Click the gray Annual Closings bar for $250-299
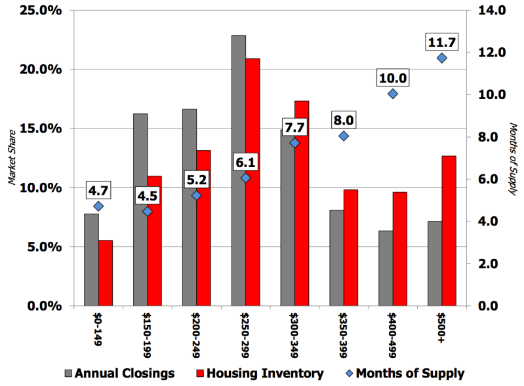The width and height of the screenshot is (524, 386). click(x=239, y=170)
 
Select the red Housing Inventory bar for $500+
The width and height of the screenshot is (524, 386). click(x=449, y=231)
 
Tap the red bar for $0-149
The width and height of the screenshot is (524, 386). click(x=106, y=273)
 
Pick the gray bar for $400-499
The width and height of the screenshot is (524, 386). click(x=386, y=268)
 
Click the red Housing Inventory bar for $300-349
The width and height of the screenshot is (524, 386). click(x=302, y=203)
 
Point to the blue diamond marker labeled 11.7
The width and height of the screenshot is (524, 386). click(x=442, y=58)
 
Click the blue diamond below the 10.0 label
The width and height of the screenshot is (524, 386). click(x=393, y=94)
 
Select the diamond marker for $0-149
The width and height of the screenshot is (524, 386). click(x=98, y=206)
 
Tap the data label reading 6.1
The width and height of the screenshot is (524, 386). click(x=246, y=163)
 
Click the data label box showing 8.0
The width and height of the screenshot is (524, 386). click(x=344, y=120)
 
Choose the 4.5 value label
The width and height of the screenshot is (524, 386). click(x=148, y=196)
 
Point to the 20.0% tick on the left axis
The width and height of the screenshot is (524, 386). click(x=41, y=69)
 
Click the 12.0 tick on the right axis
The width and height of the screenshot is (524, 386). click(x=492, y=52)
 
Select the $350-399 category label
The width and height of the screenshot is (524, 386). click(x=343, y=335)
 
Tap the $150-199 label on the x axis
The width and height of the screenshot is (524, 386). click(x=147, y=335)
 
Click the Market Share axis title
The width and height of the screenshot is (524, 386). click(x=12, y=157)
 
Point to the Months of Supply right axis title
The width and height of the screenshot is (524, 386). click(x=513, y=159)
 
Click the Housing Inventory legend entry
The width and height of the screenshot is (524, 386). click(x=260, y=374)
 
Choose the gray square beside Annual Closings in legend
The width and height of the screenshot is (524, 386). click(x=68, y=374)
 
